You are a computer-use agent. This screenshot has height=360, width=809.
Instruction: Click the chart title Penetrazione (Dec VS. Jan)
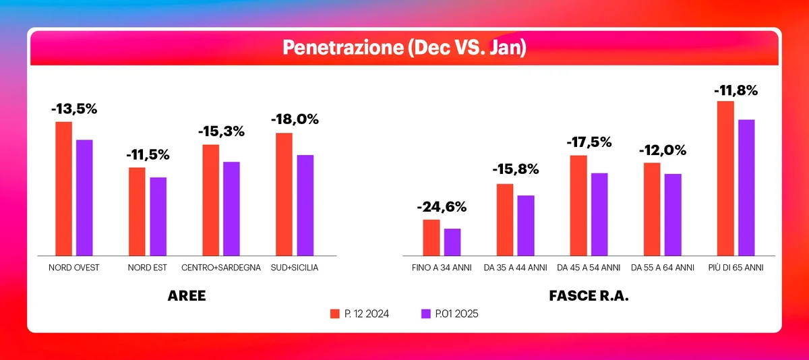pos(404,47)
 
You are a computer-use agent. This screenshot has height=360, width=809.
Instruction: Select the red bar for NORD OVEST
pos(63,188)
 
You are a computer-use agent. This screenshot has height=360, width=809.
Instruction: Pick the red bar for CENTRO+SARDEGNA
pos(210,200)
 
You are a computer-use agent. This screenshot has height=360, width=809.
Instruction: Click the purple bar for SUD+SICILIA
pos(305,205)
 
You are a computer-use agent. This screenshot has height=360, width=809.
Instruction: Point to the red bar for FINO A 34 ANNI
pos(431,237)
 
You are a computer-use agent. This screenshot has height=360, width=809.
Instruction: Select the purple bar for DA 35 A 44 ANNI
pos(526,225)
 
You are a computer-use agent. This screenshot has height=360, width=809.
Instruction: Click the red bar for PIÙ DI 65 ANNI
pos(725,178)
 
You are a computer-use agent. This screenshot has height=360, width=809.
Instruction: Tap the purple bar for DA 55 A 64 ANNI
pos(673,214)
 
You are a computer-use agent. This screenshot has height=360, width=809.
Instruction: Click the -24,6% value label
pos(442,207)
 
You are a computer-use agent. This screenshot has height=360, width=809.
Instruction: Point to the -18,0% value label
pos(295,119)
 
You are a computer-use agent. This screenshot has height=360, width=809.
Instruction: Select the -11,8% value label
pos(736,90)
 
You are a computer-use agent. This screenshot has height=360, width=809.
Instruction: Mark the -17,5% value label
pos(589,142)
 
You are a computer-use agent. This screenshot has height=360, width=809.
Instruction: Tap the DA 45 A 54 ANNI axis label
pos(589,268)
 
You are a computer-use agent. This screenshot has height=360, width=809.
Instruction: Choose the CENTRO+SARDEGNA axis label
pos(221,268)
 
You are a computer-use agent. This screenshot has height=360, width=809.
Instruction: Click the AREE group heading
pos(187,296)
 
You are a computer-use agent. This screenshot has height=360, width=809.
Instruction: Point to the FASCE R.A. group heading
pos(589,296)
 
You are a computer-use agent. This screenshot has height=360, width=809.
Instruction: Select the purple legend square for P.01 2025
pos(425,313)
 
